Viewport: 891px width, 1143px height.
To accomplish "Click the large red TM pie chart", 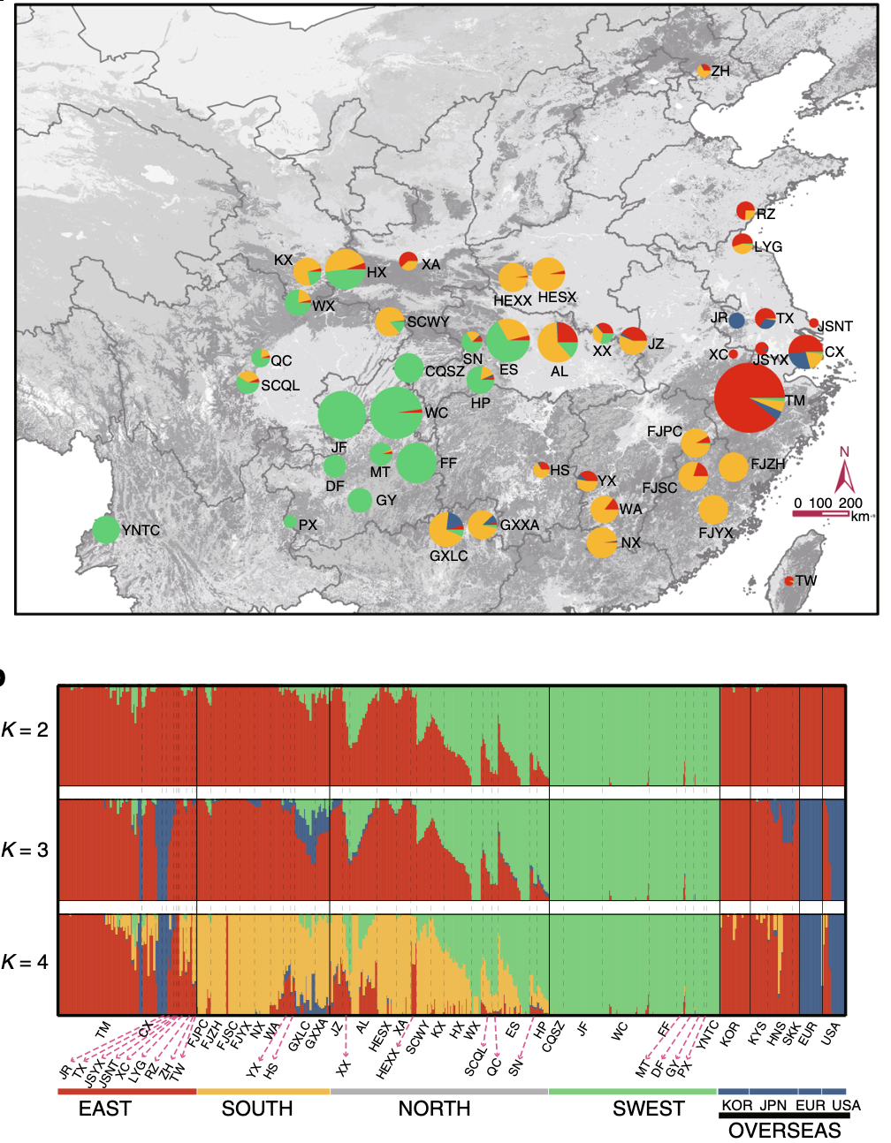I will (749, 397).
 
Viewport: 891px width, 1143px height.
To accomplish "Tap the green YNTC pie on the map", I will (106, 529).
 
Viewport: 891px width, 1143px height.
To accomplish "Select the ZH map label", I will (720, 71).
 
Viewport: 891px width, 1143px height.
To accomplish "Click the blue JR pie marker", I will (736, 320).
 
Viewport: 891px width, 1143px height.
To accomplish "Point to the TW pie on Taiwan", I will (789, 580).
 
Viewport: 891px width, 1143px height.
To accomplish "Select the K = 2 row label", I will (25, 730).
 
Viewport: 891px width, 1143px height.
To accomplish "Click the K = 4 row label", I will (25, 962).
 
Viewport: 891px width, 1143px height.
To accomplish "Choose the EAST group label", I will (104, 1109).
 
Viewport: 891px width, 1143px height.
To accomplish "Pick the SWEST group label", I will (649, 1109).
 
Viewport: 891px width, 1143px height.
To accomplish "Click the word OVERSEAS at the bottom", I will (784, 1131).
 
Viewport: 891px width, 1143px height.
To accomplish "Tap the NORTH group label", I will (434, 1109).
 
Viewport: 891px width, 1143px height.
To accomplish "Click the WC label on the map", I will (437, 413).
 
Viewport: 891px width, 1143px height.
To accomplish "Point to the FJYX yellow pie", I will (713, 510).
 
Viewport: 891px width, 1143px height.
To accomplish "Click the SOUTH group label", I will (257, 1109).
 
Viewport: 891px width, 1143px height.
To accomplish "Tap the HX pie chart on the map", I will (345, 269).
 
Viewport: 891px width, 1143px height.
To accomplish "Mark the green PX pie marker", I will (290, 522).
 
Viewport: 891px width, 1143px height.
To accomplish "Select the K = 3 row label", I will (25, 850).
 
